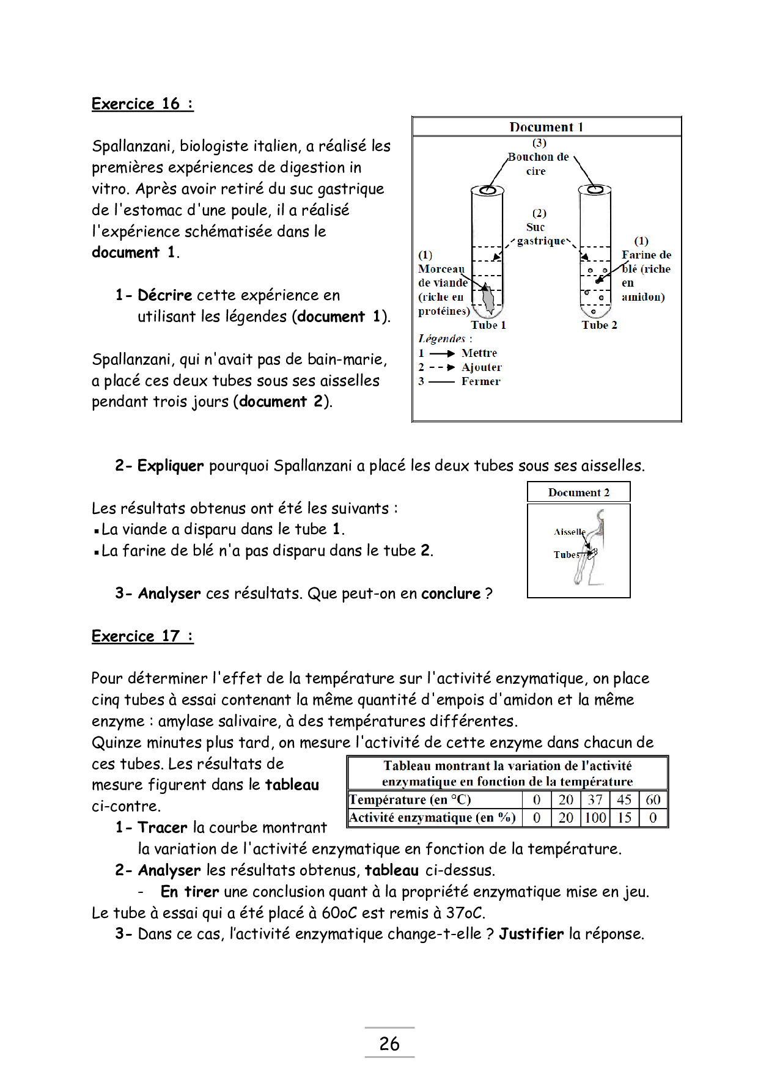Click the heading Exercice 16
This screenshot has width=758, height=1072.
click(x=142, y=104)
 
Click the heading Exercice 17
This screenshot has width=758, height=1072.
click(x=142, y=636)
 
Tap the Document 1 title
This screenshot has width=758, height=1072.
click(x=546, y=127)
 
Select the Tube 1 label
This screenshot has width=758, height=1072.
click(x=488, y=325)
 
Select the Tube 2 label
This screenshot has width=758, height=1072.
click(x=600, y=325)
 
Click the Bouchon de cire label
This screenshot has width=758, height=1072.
click(x=538, y=163)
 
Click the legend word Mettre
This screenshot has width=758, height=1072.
click(x=479, y=353)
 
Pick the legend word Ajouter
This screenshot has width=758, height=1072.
click(x=482, y=367)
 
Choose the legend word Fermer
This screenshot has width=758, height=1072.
click(x=480, y=381)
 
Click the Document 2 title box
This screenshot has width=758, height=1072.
click(x=578, y=493)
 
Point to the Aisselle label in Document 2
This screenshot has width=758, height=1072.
click(x=569, y=532)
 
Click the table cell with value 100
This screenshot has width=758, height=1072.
click(x=595, y=818)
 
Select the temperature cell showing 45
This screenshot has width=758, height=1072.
click(x=624, y=800)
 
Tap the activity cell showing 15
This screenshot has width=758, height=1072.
click(x=624, y=818)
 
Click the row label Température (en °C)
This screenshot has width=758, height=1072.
click(x=410, y=800)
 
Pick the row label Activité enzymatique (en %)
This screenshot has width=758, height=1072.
click(x=433, y=818)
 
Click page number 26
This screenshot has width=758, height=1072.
click(x=389, y=1043)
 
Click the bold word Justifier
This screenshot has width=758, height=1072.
click(x=531, y=934)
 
